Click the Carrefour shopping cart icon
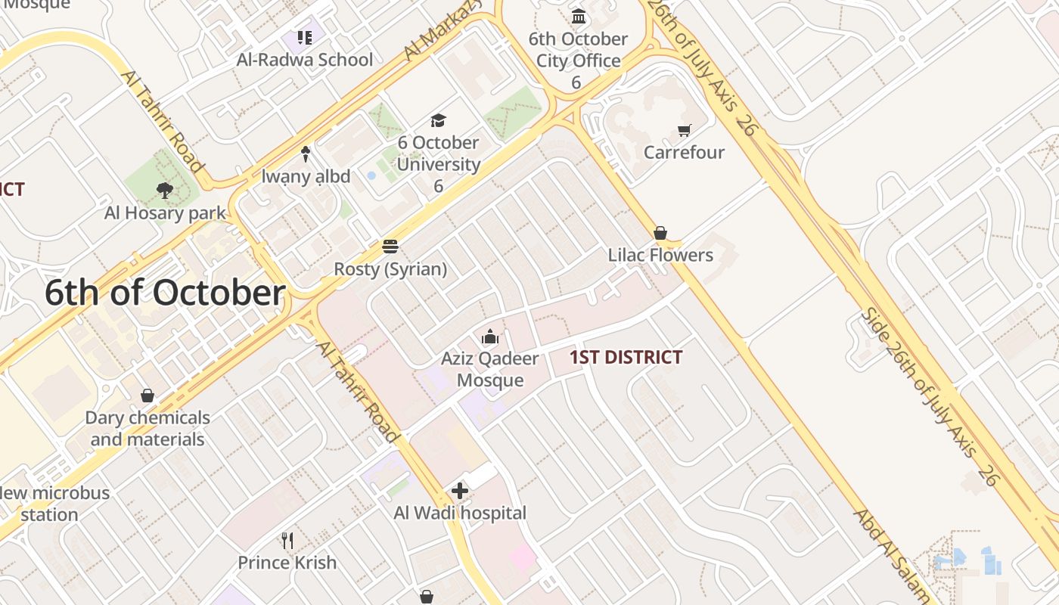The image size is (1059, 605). [x=685, y=130]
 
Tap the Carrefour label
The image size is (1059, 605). [x=684, y=152]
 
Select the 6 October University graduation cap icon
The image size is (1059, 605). [x=438, y=120]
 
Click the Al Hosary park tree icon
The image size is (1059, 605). [x=164, y=191]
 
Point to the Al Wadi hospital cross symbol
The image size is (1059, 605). [x=459, y=491]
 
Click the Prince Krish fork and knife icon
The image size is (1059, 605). [x=287, y=540]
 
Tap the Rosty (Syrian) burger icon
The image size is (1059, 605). [x=390, y=247]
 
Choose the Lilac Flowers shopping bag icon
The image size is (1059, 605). [x=660, y=233]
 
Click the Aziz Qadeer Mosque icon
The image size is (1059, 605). [x=490, y=337]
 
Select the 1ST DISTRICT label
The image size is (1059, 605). [x=626, y=357]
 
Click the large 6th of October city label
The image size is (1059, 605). [x=165, y=293]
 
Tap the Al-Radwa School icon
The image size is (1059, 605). [x=305, y=38]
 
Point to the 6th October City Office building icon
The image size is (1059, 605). [x=579, y=16]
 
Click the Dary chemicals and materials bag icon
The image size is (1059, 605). [x=148, y=396]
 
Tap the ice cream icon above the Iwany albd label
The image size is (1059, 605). [x=306, y=154]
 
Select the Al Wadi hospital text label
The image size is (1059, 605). [x=460, y=513]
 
